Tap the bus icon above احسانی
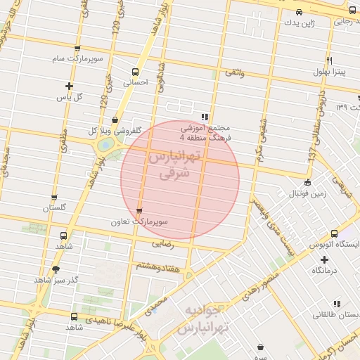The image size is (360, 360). (135, 71)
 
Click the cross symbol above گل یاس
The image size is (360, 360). (69, 86)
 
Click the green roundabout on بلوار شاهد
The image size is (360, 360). (105, 145)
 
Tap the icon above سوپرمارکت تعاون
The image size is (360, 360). (139, 211)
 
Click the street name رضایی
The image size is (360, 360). (162, 244)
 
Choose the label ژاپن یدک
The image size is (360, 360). (300, 23)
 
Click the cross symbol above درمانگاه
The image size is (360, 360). (324, 259)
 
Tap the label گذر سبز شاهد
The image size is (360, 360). (56, 280)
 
